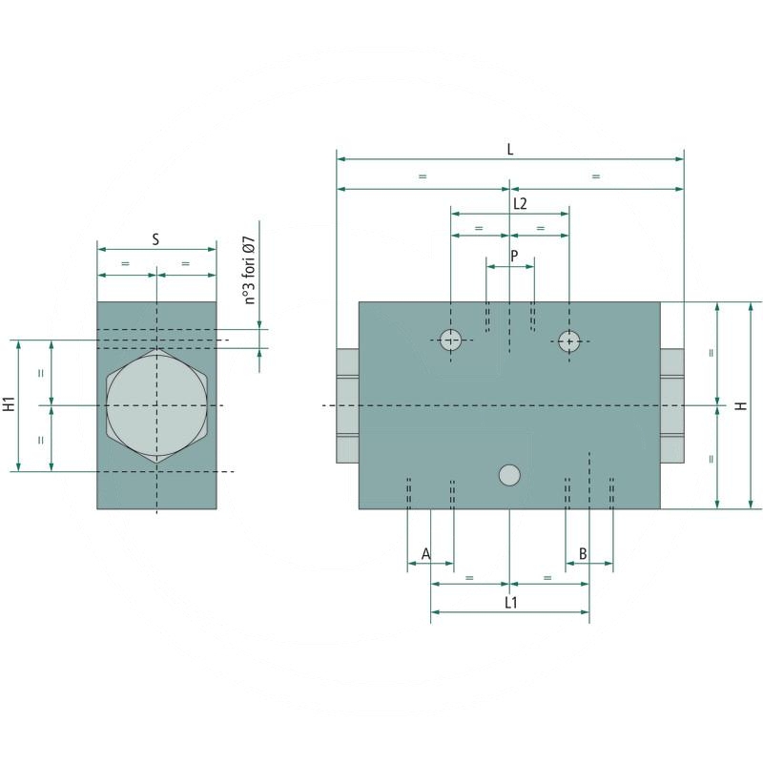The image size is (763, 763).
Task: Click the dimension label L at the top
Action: point(510,149)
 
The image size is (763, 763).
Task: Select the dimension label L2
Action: point(520,203)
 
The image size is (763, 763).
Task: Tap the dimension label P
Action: point(514,256)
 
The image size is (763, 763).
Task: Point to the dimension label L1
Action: point(510,603)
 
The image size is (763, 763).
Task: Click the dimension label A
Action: point(425,553)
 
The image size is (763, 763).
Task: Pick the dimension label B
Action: point(582,553)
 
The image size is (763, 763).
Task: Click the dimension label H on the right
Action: point(740,405)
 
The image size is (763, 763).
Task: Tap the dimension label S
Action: point(156,239)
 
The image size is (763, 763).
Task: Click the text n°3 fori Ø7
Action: point(250,270)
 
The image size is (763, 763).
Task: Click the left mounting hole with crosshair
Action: point(450,340)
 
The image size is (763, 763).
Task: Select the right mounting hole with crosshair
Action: point(569,340)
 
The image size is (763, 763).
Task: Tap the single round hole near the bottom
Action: point(510,474)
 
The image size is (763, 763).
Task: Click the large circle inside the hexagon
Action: point(156,405)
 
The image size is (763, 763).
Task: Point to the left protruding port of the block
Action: point(347,405)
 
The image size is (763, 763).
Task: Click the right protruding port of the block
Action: point(672,405)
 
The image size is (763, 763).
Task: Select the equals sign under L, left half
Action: point(423,176)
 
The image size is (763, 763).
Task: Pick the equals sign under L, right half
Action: point(596,176)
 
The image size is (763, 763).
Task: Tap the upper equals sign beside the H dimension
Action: point(711,353)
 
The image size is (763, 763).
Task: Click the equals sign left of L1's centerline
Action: point(469,578)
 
